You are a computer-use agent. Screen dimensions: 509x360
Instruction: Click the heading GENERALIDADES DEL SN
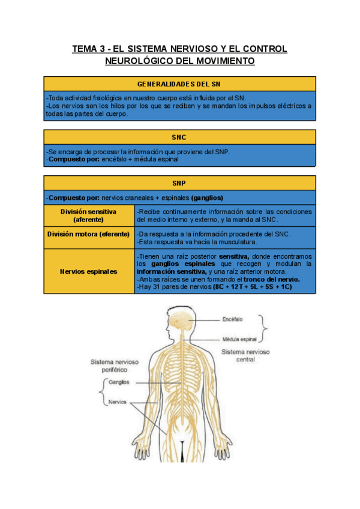179,83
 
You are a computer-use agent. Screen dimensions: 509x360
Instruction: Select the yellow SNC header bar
179,137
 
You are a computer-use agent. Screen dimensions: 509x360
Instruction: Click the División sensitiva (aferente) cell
89,215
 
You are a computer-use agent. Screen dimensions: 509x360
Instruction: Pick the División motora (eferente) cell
89,234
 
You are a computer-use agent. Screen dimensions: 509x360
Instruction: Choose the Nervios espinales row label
89,271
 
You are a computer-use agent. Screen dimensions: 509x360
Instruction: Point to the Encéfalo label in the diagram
233,318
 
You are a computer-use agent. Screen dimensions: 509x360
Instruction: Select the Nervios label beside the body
118,402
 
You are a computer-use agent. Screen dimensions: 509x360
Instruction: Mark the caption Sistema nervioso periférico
115,366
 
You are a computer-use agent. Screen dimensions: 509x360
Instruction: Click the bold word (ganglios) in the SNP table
208,197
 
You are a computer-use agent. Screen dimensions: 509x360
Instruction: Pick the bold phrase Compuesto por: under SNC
68,160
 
